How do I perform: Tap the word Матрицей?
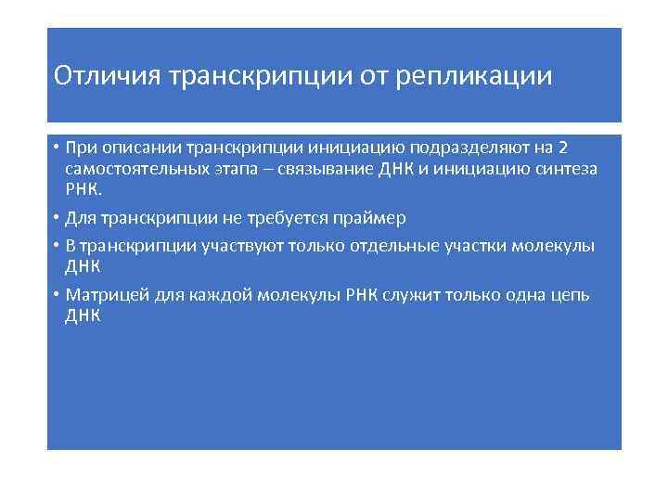point(103,295)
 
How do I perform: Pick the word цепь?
point(568,295)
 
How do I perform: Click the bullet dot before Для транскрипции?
point(57,218)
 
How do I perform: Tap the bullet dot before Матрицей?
point(57,295)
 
